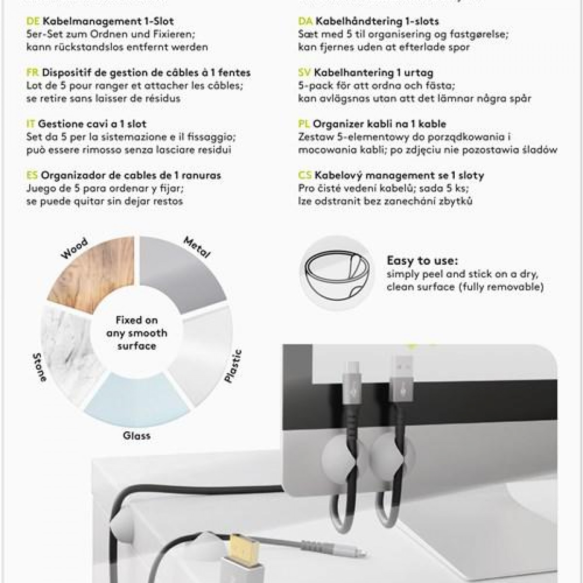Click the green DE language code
[x=33, y=21]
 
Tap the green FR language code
[x=33, y=73]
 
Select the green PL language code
[x=304, y=124]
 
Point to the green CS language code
[x=305, y=175]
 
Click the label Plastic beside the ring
[x=233, y=366]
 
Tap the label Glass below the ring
[x=137, y=436]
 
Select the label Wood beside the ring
[x=74, y=248]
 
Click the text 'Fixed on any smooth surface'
[x=137, y=333]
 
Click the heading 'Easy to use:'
[x=422, y=261]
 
